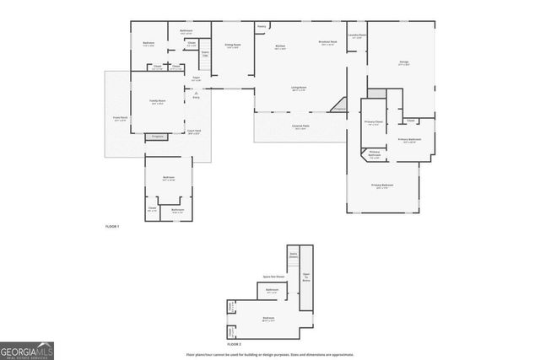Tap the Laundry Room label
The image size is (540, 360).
coord(356,36)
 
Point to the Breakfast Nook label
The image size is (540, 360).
coord(328,43)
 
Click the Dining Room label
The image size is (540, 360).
coord(232,46)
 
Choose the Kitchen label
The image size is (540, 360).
coord(281,48)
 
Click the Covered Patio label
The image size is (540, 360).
coord(300,127)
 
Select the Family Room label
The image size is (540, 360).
coord(157,102)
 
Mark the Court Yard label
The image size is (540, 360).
coord(193,132)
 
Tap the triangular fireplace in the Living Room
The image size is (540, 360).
coord(340,108)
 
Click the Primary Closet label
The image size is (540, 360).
coord(373,123)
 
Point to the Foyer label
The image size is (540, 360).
coord(196,79)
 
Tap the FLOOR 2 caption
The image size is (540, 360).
coord(234,345)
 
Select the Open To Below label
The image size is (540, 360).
coord(306,275)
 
